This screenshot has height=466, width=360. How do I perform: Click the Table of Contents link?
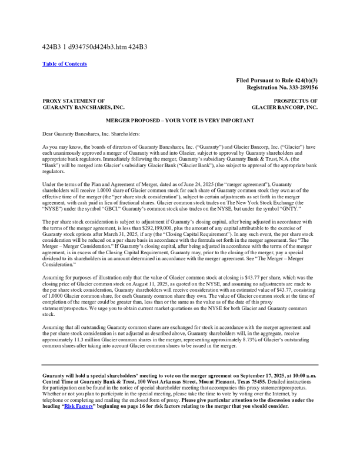coord(65,64)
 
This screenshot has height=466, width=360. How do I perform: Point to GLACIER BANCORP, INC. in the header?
coord(284,108)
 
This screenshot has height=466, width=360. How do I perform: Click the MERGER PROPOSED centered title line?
coord(180,120)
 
